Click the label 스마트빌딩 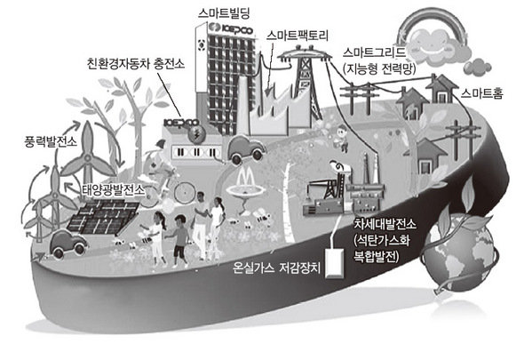coord(224,13)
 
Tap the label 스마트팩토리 coord(298,36)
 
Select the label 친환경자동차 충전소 coord(136,63)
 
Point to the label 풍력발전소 coord(51,141)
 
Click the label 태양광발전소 coord(114,190)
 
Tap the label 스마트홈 coord(482,93)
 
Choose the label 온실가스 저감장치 coord(277,268)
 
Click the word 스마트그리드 coord(374,52)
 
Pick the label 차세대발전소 coord(385,224)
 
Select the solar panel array coord(103,217)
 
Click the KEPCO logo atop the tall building coord(230,28)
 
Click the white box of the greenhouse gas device coord(335,263)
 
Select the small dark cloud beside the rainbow coord(477,68)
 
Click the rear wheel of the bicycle coord(185,192)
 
